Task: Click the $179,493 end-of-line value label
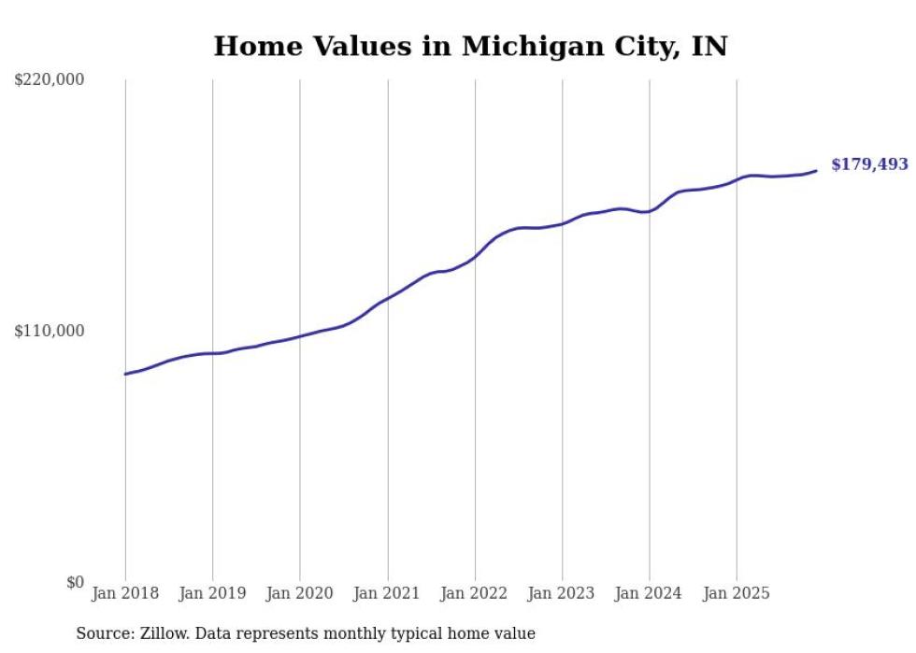coord(869,164)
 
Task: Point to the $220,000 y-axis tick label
coord(50,80)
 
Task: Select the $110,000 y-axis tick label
coord(50,331)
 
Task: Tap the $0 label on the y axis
coord(75,582)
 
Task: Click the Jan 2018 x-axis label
coord(125,593)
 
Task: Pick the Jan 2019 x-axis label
coord(212,593)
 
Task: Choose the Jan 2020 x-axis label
coord(300,593)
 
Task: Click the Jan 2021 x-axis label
coord(387,593)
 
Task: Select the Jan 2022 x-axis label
coord(475,593)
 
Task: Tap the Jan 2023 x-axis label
coord(562,593)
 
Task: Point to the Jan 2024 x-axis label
coord(650,593)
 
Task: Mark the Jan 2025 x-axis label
coord(737,593)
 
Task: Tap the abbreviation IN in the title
coord(708,46)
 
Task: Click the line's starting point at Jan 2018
coord(125,374)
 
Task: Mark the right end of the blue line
coord(816,170)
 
